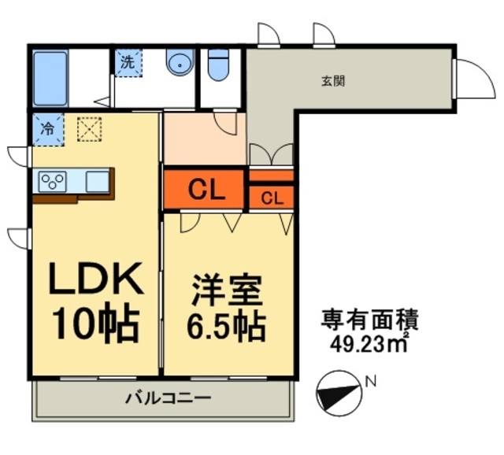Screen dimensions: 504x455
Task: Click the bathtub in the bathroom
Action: (50, 79)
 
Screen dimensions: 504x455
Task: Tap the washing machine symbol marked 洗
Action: (128, 63)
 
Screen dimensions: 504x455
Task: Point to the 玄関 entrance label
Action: (333, 81)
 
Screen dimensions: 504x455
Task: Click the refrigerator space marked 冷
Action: (48, 130)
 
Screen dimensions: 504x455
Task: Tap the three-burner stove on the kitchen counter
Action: (53, 182)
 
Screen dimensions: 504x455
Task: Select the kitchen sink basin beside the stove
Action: (97, 182)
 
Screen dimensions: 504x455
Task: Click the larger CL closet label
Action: (206, 190)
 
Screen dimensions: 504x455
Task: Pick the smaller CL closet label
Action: (272, 198)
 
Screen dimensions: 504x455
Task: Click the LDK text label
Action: (95, 278)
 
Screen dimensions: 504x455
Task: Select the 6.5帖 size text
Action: (227, 327)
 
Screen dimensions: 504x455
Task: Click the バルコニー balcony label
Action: (168, 398)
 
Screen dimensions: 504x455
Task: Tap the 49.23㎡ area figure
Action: (369, 345)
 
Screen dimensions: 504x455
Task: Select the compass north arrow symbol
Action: (339, 394)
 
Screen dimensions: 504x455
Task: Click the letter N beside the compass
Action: (372, 382)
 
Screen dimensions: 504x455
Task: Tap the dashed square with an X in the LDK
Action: (90, 130)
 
